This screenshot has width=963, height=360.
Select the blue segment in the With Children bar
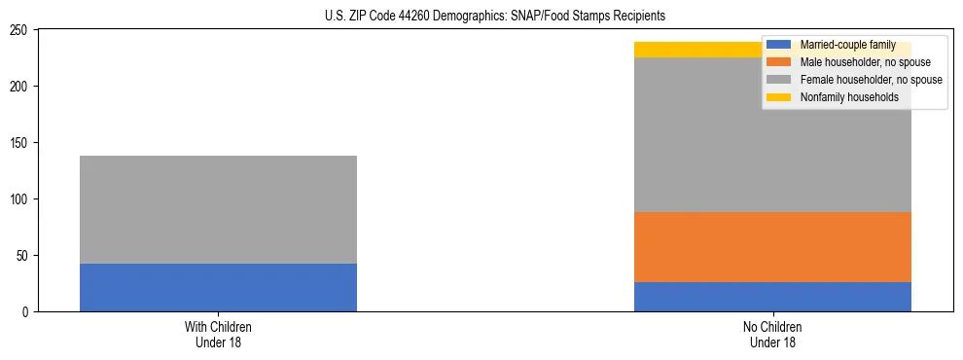click(218, 288)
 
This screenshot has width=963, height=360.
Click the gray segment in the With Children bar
click(218, 209)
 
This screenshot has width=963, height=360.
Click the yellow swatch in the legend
click(779, 97)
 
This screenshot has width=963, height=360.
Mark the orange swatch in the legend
click(779, 62)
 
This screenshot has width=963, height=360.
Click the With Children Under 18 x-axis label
click(218, 335)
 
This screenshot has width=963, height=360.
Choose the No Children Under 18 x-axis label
click(772, 335)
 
